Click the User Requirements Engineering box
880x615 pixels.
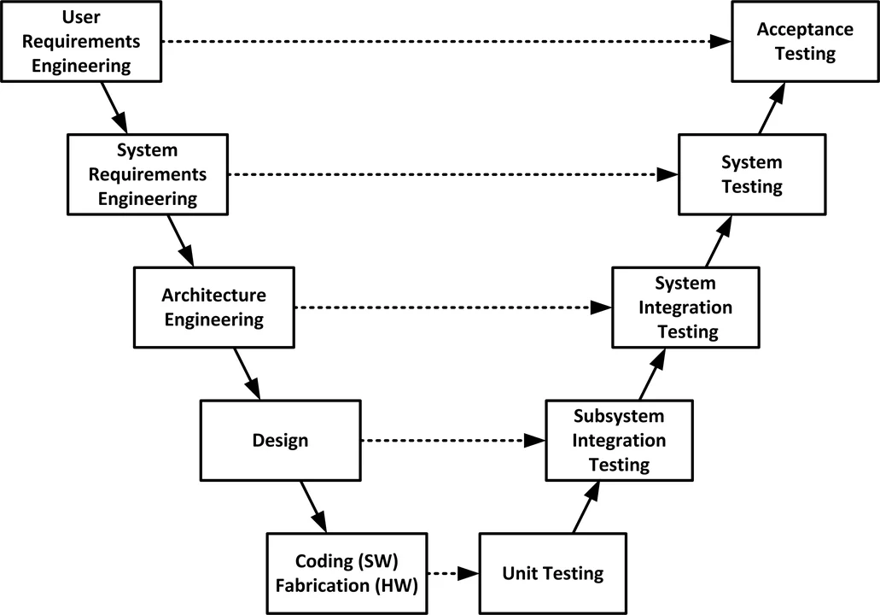[x=81, y=40]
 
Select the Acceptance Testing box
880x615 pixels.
[x=805, y=41]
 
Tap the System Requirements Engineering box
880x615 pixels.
[x=148, y=174]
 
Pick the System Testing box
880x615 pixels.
[x=752, y=173]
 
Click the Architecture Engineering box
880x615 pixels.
[x=214, y=307]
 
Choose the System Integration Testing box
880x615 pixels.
[x=685, y=307]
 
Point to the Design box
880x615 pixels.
[x=281, y=441]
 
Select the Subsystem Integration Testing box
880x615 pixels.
[x=619, y=440]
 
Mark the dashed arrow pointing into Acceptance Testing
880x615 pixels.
[x=444, y=41]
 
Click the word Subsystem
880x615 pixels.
[x=619, y=417]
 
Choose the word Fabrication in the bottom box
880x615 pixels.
[x=339, y=585]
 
